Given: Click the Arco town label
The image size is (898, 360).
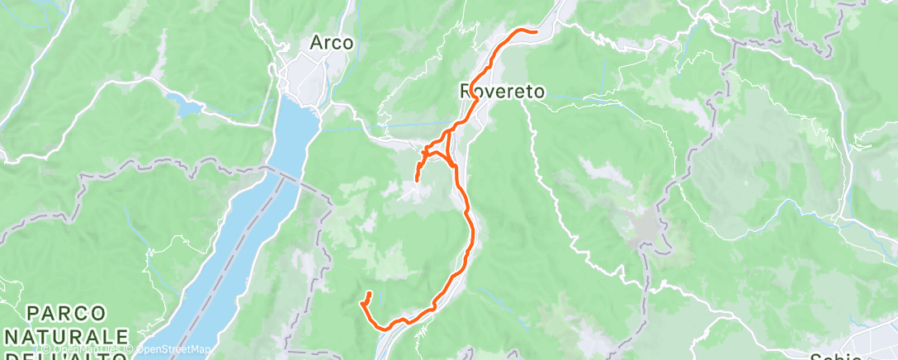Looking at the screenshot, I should [331, 42].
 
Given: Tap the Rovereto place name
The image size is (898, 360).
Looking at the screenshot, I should [503, 92].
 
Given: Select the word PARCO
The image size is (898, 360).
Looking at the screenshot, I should [66, 314].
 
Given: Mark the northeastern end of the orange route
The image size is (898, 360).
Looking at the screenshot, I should [536, 31].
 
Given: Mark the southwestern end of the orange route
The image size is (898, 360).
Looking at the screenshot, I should [369, 294].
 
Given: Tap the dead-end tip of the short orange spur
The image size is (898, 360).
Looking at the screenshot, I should [417, 180].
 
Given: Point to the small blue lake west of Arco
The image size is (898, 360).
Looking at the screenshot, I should [183, 104].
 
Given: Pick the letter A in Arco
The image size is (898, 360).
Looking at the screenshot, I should [315, 42].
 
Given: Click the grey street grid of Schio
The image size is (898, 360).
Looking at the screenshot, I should [875, 347].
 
